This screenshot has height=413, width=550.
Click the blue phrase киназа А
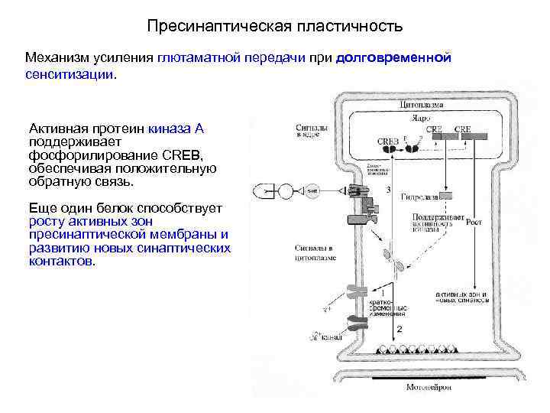pos(182,128)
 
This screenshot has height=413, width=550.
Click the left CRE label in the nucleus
pos(433,130)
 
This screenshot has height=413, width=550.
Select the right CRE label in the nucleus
pos(463,130)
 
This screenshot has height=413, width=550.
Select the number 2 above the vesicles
pos(398,329)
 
